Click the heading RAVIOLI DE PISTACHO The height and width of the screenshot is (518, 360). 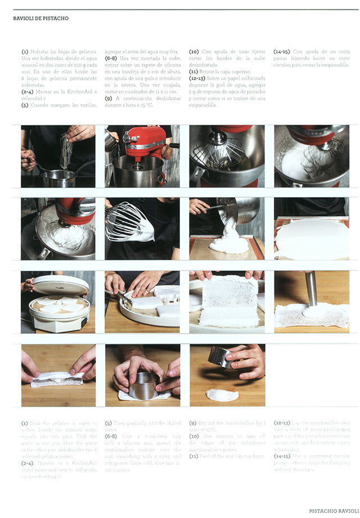(40, 19)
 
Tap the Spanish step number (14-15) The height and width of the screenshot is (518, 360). (282, 51)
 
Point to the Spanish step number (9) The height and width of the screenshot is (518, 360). (109, 98)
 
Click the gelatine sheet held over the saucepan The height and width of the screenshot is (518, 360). (65, 151)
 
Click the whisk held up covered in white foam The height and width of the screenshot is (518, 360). (128, 221)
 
